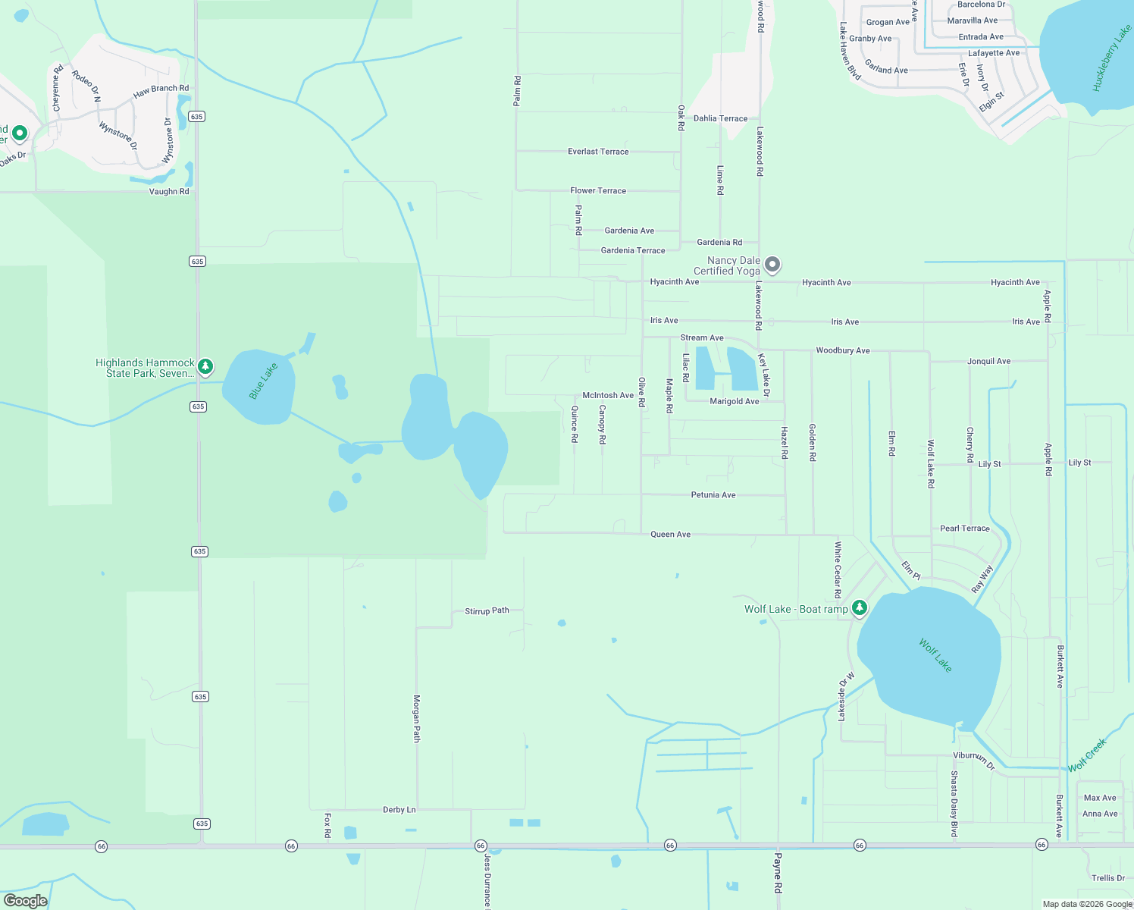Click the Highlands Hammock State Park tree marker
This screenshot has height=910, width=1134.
pos(205,367)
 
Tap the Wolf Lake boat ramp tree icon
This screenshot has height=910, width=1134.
pos(859,608)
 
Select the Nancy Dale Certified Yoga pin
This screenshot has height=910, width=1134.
pos(772,265)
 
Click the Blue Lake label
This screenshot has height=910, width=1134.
pos(263,381)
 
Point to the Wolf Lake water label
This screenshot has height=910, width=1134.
pos(935,655)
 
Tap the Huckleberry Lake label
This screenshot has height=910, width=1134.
pos(1111,58)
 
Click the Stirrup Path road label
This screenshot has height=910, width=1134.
pos(487,610)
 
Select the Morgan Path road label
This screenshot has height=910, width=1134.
pos(416,718)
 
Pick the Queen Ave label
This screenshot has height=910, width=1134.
pos(670,535)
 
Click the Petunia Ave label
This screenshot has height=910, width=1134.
pos(713,495)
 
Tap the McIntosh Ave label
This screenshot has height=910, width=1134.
pos(607,395)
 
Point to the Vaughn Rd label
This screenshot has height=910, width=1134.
pos(169,192)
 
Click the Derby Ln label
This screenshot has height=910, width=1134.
pos(399,810)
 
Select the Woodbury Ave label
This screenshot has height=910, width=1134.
pos(842,350)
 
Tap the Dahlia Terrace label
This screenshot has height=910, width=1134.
pos(720,118)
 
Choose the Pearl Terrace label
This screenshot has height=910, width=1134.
pos(964,529)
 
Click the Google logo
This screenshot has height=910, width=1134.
pos(25,900)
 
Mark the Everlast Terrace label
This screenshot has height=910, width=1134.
pos(598,152)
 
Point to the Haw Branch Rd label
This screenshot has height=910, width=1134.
pos(161,91)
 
